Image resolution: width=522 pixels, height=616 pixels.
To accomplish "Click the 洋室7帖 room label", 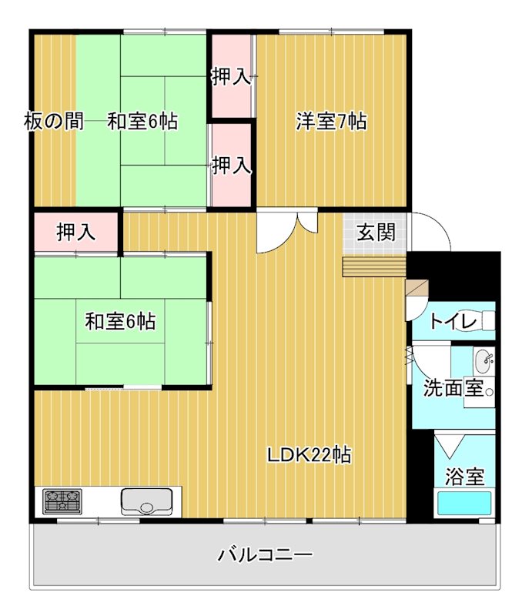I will click(x=331, y=121).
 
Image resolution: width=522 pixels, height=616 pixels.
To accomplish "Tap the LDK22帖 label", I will click(x=309, y=455).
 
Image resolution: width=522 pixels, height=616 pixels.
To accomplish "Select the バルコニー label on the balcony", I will click(x=264, y=554).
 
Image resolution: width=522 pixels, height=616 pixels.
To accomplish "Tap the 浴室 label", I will click(x=465, y=477).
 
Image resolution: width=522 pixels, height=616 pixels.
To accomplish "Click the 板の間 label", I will click(x=53, y=122).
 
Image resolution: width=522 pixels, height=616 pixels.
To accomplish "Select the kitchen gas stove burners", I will click(x=62, y=502).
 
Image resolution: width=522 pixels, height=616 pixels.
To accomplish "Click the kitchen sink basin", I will click(x=148, y=502).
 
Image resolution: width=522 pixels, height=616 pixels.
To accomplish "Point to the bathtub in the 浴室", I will click(x=464, y=505).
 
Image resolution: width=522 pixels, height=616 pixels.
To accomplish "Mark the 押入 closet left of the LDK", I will click(x=76, y=233).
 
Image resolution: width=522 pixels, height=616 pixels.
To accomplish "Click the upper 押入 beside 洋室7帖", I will click(x=231, y=76).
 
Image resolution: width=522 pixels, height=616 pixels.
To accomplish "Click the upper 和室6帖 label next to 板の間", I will click(x=142, y=122).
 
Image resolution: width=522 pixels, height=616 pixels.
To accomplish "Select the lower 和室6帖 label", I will click(x=120, y=322).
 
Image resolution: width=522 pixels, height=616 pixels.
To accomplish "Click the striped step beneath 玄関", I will click(x=374, y=266).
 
